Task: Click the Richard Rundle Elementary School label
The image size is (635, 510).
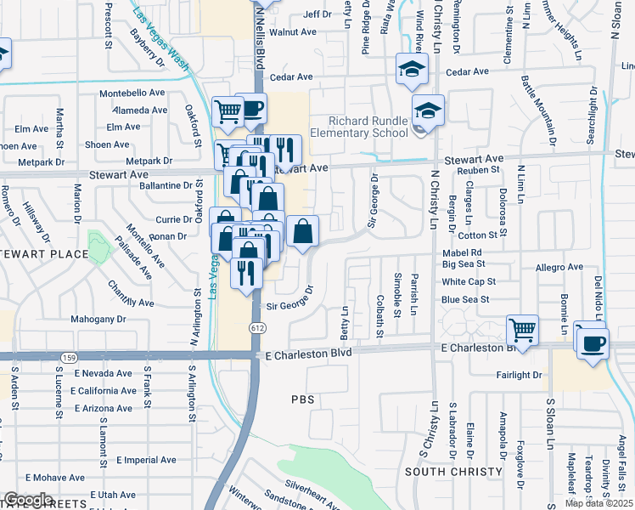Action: [369, 127]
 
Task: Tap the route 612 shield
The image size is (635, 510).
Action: [255, 327]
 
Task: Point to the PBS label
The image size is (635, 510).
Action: [303, 399]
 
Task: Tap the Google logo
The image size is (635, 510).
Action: [28, 500]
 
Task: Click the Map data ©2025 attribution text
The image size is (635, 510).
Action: [598, 503]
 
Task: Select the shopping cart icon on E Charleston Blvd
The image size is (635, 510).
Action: [522, 330]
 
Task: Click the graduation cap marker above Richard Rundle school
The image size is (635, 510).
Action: [428, 110]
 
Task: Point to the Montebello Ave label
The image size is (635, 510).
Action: [132, 93]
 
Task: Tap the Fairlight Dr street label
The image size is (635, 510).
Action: [521, 375]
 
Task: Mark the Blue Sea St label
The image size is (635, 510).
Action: [465, 299]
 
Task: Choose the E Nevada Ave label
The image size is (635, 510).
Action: [103, 373]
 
